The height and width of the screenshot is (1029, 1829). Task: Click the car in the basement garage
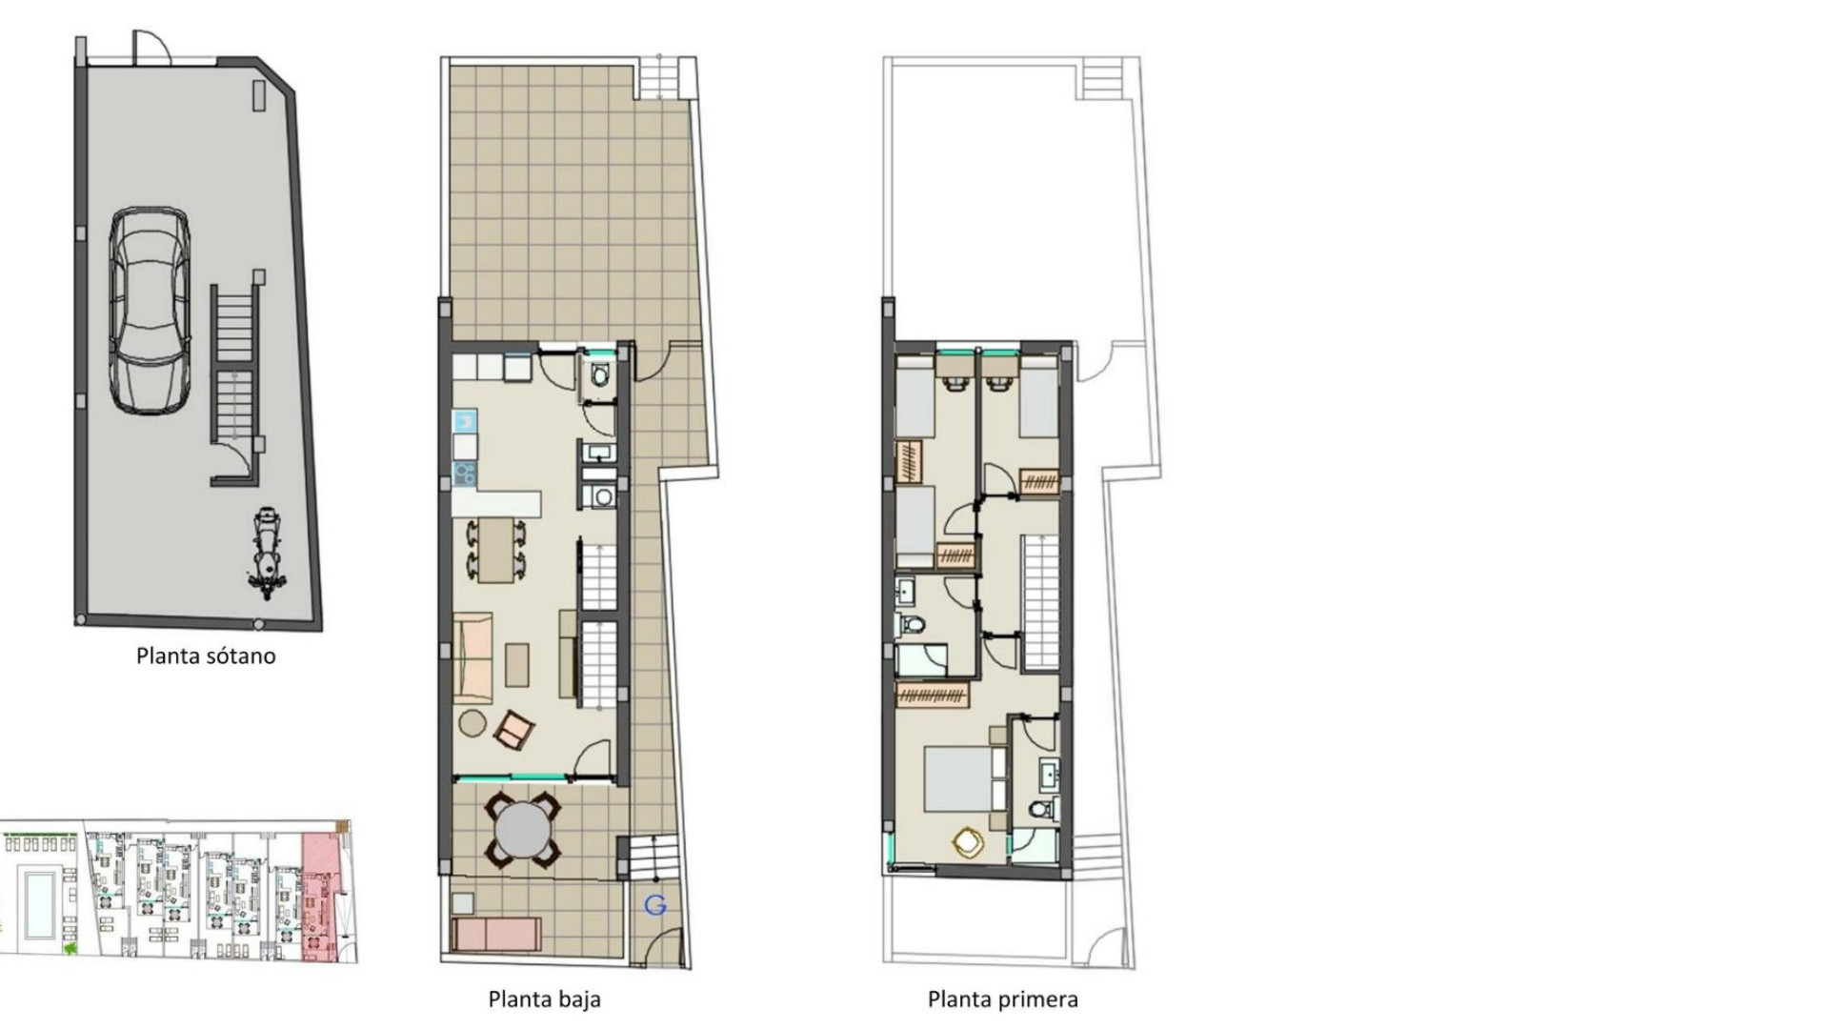tap(150, 312)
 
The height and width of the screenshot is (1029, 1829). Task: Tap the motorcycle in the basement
tap(268, 555)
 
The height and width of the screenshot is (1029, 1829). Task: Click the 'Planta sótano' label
tap(206, 656)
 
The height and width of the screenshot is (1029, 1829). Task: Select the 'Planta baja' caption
tap(544, 999)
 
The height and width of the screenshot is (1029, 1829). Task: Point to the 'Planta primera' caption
tap(1002, 999)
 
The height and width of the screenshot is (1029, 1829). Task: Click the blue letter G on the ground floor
tap(655, 905)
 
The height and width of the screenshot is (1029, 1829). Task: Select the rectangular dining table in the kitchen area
tap(495, 550)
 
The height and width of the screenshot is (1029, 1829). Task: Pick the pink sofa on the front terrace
tap(497, 935)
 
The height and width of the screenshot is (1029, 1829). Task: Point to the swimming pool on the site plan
tap(38, 900)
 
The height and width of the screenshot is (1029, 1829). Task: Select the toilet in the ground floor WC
tap(600, 373)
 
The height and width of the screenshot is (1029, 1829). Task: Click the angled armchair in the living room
tap(513, 730)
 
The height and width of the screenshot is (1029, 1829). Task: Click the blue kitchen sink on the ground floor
tap(465, 420)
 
